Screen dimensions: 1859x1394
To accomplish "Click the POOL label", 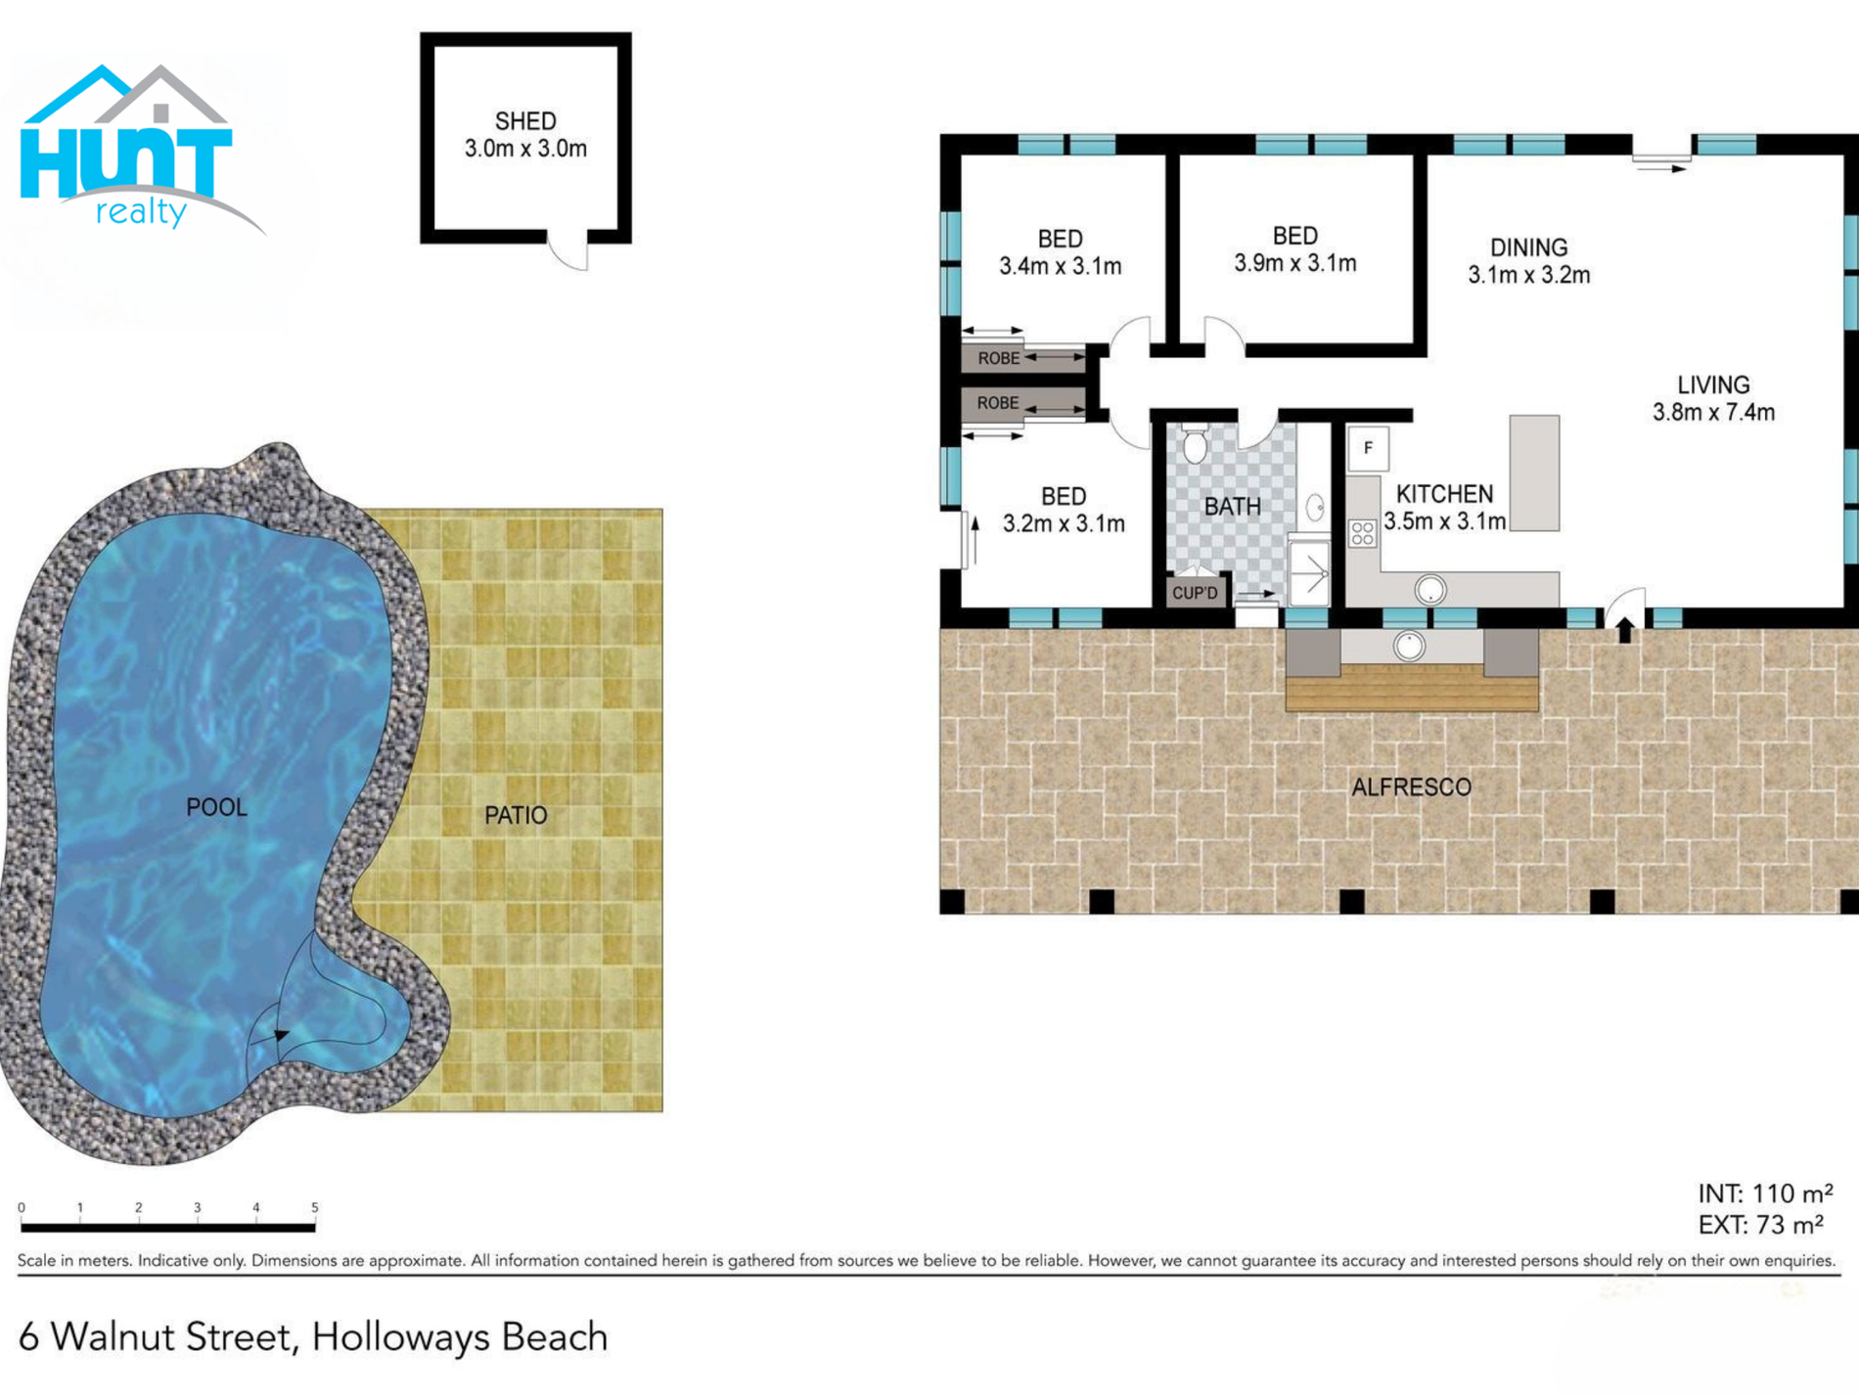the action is point(216,807).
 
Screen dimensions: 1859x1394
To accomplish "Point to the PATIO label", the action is point(516,815).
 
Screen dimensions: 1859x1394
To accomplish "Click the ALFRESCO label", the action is point(1411,787).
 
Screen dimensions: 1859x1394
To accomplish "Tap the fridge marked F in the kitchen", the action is point(1368,449).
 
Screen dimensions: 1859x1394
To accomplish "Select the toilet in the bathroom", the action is point(1195,443).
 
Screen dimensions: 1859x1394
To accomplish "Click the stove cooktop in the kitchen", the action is point(1363,533).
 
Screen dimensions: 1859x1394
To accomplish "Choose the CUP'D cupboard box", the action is point(1196,593).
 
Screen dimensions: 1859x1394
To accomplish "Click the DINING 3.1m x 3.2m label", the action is point(1528,261).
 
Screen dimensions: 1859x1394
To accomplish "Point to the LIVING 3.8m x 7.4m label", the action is point(1713,398).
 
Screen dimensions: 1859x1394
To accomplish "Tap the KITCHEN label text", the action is point(1444,494).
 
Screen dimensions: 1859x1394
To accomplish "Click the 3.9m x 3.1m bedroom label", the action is point(1294,249).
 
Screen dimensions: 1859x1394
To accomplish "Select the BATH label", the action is point(1232,507).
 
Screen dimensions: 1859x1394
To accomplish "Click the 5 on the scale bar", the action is point(314,1208).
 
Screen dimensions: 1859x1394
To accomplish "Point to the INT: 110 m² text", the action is point(1765,1193).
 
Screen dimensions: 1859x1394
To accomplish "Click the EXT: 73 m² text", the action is point(1760,1225).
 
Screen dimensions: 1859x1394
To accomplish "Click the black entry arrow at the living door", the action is point(1625,630).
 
